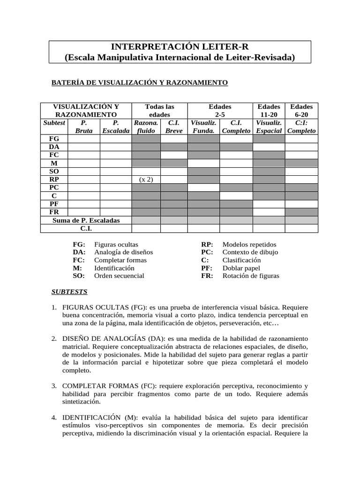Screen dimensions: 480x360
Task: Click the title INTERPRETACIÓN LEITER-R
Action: click(x=180, y=47)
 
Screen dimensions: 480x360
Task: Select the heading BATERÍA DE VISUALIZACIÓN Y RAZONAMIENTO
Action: click(x=139, y=83)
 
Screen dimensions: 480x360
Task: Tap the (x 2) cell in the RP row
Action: click(x=146, y=180)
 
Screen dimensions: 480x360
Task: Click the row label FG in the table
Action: click(x=54, y=139)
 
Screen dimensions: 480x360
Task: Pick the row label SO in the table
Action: click(x=54, y=172)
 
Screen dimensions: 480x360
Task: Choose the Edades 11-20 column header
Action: click(x=269, y=111)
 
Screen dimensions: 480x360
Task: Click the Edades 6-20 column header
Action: click(x=301, y=111)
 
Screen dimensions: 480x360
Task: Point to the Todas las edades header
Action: click(x=159, y=111)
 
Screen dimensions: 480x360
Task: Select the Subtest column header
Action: click(x=54, y=123)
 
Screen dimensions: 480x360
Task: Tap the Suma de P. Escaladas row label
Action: click(x=86, y=220)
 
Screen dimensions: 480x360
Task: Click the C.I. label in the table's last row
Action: click(x=86, y=228)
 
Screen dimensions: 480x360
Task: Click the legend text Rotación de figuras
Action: click(x=251, y=276)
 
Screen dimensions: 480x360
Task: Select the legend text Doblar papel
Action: click(x=241, y=268)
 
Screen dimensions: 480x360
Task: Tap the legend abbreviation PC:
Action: click(x=207, y=252)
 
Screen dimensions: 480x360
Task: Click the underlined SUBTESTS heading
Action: click(x=69, y=292)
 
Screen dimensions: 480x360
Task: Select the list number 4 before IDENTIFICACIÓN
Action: click(x=54, y=417)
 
